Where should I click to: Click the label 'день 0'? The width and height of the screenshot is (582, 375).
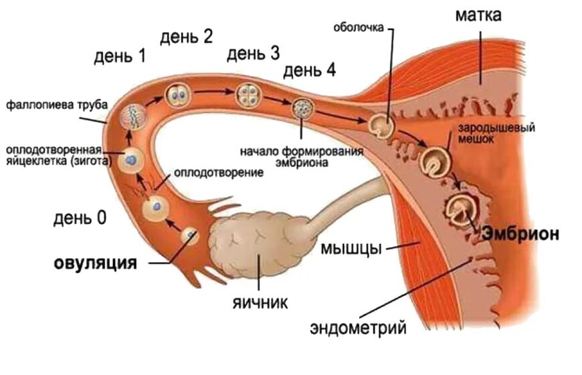[x=80, y=218]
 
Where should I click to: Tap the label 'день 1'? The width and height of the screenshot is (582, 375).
[x=120, y=57]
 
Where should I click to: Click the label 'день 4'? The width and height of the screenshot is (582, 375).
[x=310, y=71]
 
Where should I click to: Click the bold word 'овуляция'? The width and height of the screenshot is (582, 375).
[x=95, y=263]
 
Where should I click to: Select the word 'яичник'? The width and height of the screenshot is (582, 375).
[x=260, y=303]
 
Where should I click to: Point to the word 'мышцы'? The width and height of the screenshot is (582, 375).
[x=351, y=248]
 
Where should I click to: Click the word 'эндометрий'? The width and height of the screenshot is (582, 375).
[x=359, y=328]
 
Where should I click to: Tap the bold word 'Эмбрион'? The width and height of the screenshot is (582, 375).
[x=520, y=234]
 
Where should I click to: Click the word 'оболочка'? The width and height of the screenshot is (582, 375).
[x=359, y=27]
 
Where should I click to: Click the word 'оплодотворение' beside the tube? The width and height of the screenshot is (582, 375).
[x=218, y=172]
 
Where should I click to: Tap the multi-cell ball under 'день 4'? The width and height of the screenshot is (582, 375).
[x=302, y=107]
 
